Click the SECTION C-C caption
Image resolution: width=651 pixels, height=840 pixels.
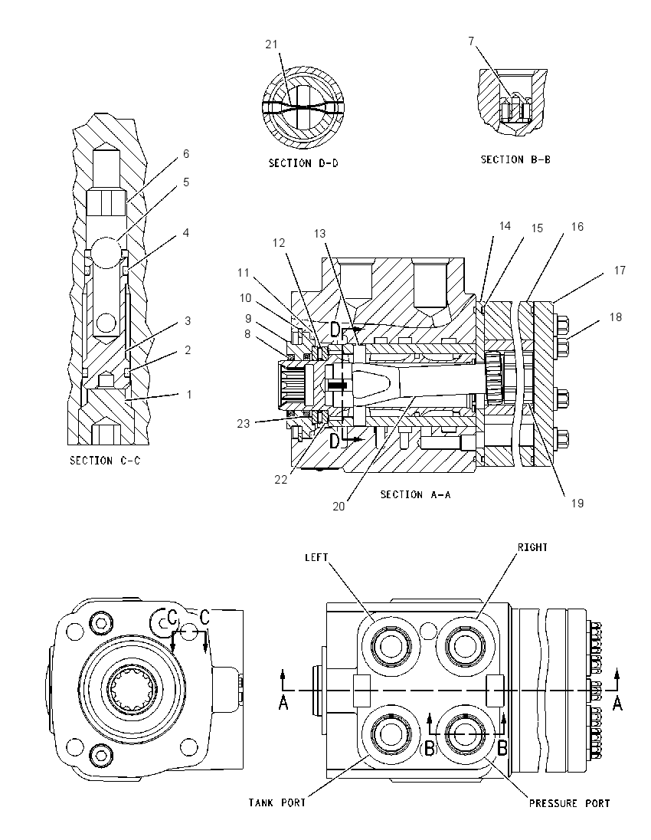105,461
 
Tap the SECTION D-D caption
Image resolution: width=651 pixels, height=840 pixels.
303,162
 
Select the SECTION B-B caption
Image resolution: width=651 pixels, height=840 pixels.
515,159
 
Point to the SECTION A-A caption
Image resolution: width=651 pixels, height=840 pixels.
415,494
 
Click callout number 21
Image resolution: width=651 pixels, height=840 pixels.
272,44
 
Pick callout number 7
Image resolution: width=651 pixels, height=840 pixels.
471,41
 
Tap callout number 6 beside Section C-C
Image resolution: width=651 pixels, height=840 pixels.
186,154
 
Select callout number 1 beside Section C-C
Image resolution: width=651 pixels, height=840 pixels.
188,394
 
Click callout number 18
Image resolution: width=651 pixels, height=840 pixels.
616,317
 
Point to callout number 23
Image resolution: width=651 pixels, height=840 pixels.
244,424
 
